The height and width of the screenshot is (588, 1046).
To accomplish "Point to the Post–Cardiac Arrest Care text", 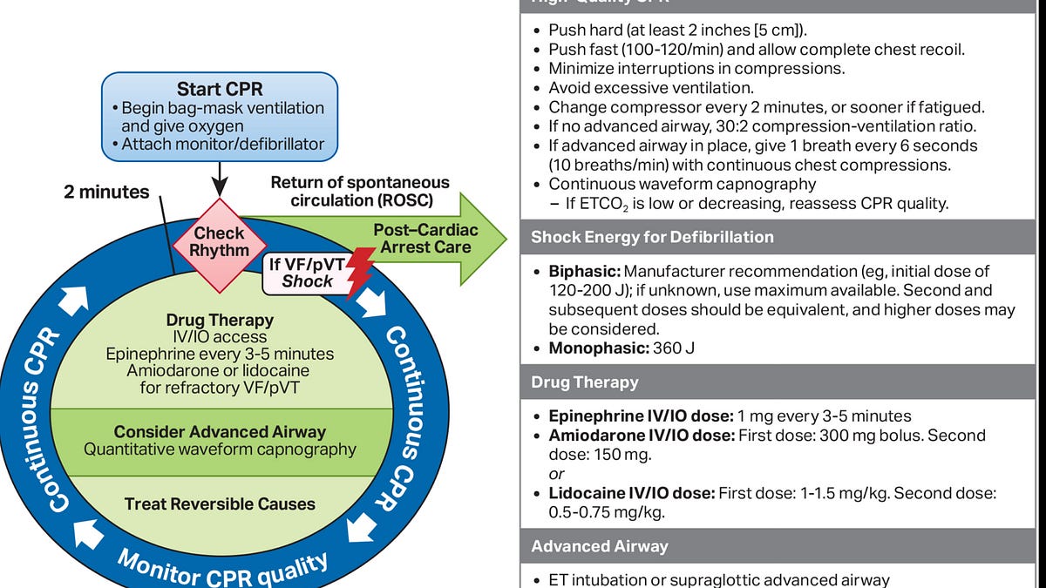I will [422, 239].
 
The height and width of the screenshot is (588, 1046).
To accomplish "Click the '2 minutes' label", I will [106, 192].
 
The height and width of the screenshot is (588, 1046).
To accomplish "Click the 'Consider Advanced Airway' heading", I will [220, 432].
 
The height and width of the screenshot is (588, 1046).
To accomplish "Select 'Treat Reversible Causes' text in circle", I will [220, 504].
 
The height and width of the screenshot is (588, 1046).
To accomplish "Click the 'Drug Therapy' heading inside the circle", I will [219, 320].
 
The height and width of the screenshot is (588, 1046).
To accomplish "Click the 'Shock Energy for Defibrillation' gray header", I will [652, 237].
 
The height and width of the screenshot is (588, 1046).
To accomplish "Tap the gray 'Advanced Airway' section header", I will [600, 546].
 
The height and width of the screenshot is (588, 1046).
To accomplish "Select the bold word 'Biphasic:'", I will [584, 272].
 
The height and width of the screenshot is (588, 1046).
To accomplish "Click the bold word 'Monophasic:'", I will [596, 348].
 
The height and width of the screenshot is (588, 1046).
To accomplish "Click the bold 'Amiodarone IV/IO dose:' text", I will [641, 435].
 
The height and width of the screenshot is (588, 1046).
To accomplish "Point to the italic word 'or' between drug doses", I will [556, 474].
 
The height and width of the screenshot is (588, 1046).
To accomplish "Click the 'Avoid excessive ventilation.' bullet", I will [651, 88].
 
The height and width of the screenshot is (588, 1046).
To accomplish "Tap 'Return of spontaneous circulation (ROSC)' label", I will [359, 192].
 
